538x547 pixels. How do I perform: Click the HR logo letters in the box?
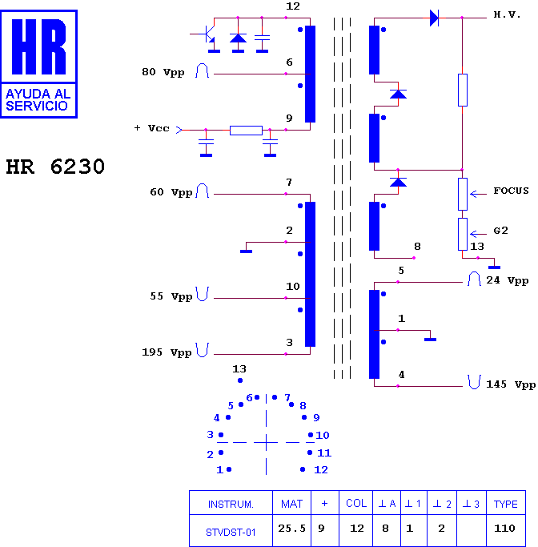pyautogui.click(x=38, y=46)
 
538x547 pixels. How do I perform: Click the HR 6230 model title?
pyautogui.click(x=55, y=167)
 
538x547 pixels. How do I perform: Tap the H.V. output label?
pyautogui.click(x=507, y=14)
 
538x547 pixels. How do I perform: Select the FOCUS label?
pyautogui.click(x=511, y=191)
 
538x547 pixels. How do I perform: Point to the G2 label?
pyautogui.click(x=500, y=230)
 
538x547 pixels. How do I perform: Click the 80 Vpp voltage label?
pyautogui.click(x=163, y=72)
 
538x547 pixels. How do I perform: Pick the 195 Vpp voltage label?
pyautogui.click(x=167, y=352)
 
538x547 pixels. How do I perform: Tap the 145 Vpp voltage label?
pyautogui.click(x=511, y=384)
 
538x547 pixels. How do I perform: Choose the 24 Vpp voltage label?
pyautogui.click(x=508, y=280)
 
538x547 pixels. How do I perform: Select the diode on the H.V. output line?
pyautogui.click(x=434, y=18)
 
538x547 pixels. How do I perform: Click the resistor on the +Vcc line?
pyautogui.click(x=246, y=130)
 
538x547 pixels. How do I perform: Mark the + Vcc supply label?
pyautogui.click(x=151, y=128)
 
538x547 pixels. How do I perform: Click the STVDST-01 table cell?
pyautogui.click(x=231, y=530)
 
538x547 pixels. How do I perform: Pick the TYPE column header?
pyautogui.click(x=505, y=503)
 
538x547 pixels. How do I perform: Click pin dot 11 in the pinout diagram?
pyautogui.click(x=310, y=452)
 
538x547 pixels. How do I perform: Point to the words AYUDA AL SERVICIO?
pyautogui.click(x=38, y=100)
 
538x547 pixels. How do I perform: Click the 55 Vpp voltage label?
pyautogui.click(x=171, y=296)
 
